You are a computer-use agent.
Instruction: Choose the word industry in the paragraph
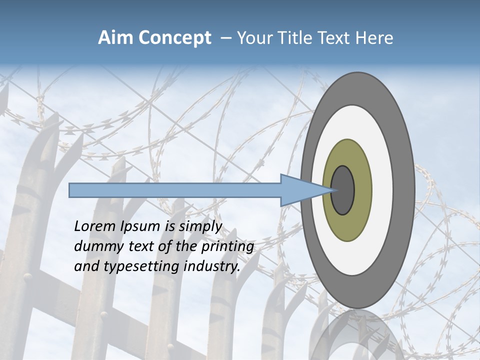(212, 266)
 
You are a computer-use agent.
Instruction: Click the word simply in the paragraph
(200, 226)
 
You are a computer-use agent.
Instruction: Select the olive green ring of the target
(362, 190)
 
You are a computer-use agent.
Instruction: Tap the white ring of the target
(382, 190)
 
